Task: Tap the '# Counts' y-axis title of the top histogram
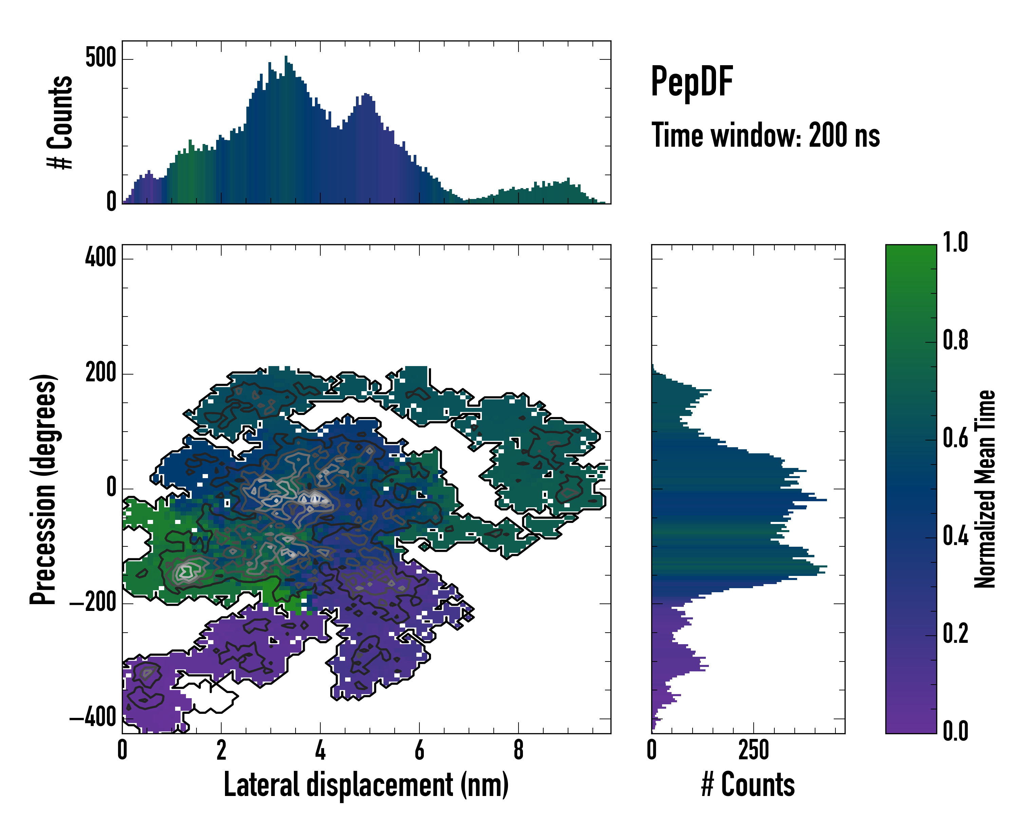point(60,122)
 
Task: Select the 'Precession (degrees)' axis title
point(43,489)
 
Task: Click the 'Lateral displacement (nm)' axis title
point(366,784)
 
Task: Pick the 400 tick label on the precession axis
point(100,258)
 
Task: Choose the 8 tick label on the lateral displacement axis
point(519,750)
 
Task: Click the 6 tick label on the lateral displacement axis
point(419,750)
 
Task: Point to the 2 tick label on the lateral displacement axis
point(221,750)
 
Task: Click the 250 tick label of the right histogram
point(754,750)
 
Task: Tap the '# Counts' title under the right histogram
point(748,784)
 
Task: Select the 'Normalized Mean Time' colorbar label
point(985,489)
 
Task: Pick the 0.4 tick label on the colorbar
point(955,537)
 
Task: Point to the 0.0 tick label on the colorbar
point(955,731)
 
